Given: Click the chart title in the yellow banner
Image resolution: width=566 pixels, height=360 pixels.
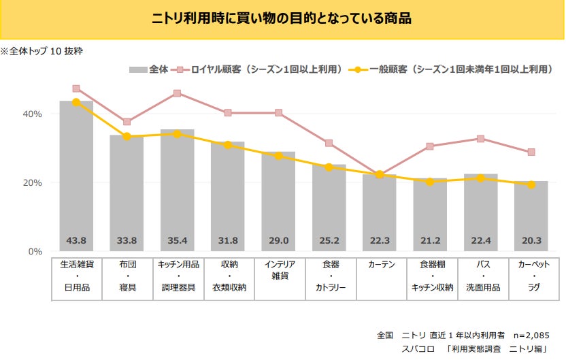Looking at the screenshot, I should [282, 18].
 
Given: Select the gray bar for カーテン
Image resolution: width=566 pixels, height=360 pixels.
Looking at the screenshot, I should [380, 211].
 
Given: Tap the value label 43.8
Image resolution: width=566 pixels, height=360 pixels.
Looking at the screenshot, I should [76, 240].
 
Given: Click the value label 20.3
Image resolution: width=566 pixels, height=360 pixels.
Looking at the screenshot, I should [531, 240].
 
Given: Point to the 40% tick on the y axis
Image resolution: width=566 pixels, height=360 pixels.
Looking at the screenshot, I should [33, 114].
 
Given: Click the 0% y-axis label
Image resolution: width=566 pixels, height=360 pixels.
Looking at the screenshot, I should [35, 252].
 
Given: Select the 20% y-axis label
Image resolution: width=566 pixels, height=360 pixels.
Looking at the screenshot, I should [33, 183].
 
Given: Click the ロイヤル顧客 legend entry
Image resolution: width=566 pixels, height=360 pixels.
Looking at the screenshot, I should [259, 69].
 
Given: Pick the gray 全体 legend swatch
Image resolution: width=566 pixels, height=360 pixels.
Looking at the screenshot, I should [137, 69].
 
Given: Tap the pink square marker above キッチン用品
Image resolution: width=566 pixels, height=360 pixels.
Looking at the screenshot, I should [178, 93].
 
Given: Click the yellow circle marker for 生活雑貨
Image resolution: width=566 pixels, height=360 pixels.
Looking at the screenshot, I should [76, 102].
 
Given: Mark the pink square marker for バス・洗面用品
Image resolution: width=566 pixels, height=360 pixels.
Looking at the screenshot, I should [481, 139].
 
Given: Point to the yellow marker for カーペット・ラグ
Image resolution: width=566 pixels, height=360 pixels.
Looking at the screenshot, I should [531, 184].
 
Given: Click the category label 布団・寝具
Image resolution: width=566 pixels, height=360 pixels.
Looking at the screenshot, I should [127, 276].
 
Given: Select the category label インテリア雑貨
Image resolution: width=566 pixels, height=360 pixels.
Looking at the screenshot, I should [278, 270].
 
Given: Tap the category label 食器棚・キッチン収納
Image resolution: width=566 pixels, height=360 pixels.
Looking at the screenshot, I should [430, 276].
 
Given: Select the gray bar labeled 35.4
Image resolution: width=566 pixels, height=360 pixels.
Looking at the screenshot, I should [178, 191].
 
